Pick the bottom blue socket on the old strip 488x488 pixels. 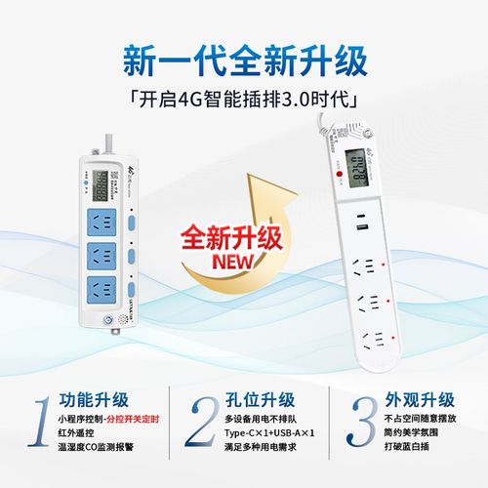98,289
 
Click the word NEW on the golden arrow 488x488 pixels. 223,261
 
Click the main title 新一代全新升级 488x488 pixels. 245,60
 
